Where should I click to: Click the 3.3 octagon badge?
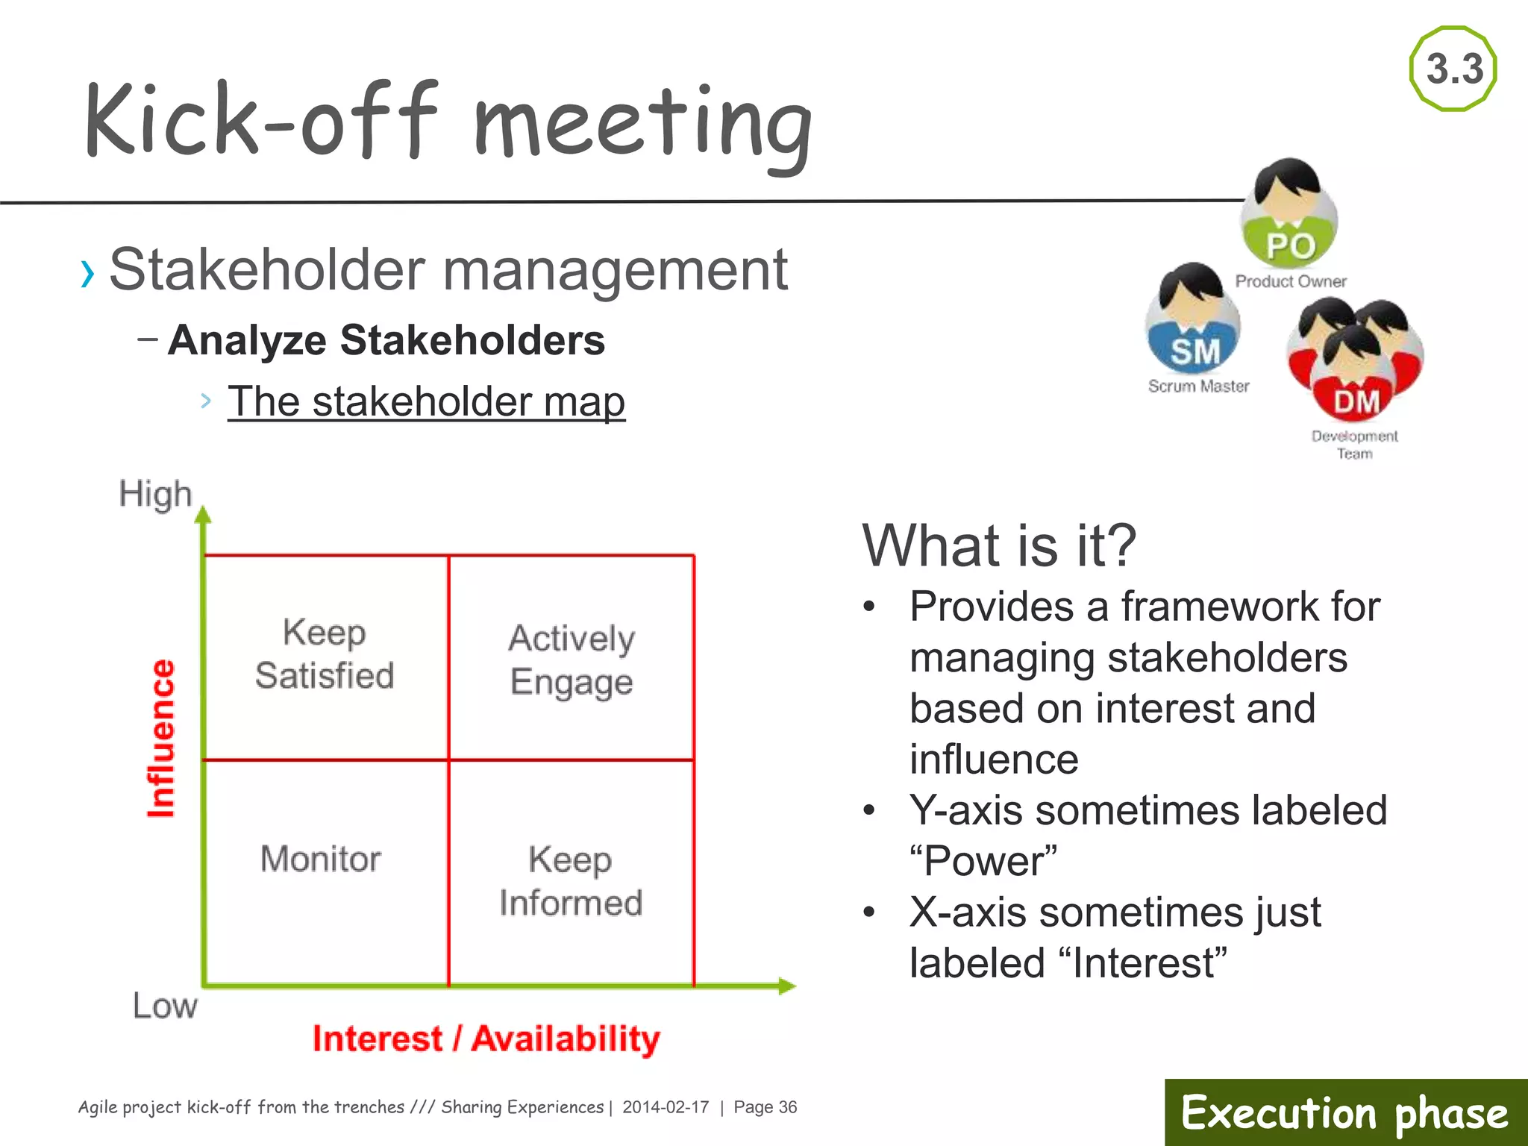1453,69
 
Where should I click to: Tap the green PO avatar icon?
1289,216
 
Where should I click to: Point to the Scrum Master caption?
1198,386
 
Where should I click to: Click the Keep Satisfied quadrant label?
325,654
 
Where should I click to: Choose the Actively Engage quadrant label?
572,660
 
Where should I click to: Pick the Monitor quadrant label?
321,859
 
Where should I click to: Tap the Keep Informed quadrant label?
571,881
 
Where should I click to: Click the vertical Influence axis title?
161,738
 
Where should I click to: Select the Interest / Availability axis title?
486,1039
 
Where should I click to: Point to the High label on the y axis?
155,494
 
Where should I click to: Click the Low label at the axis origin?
165,1006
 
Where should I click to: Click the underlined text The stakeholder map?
426,401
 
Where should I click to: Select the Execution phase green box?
1345,1112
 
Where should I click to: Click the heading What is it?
999,545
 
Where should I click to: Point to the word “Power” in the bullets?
983,861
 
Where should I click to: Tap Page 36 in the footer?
765,1107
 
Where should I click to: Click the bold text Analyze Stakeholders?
386,340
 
